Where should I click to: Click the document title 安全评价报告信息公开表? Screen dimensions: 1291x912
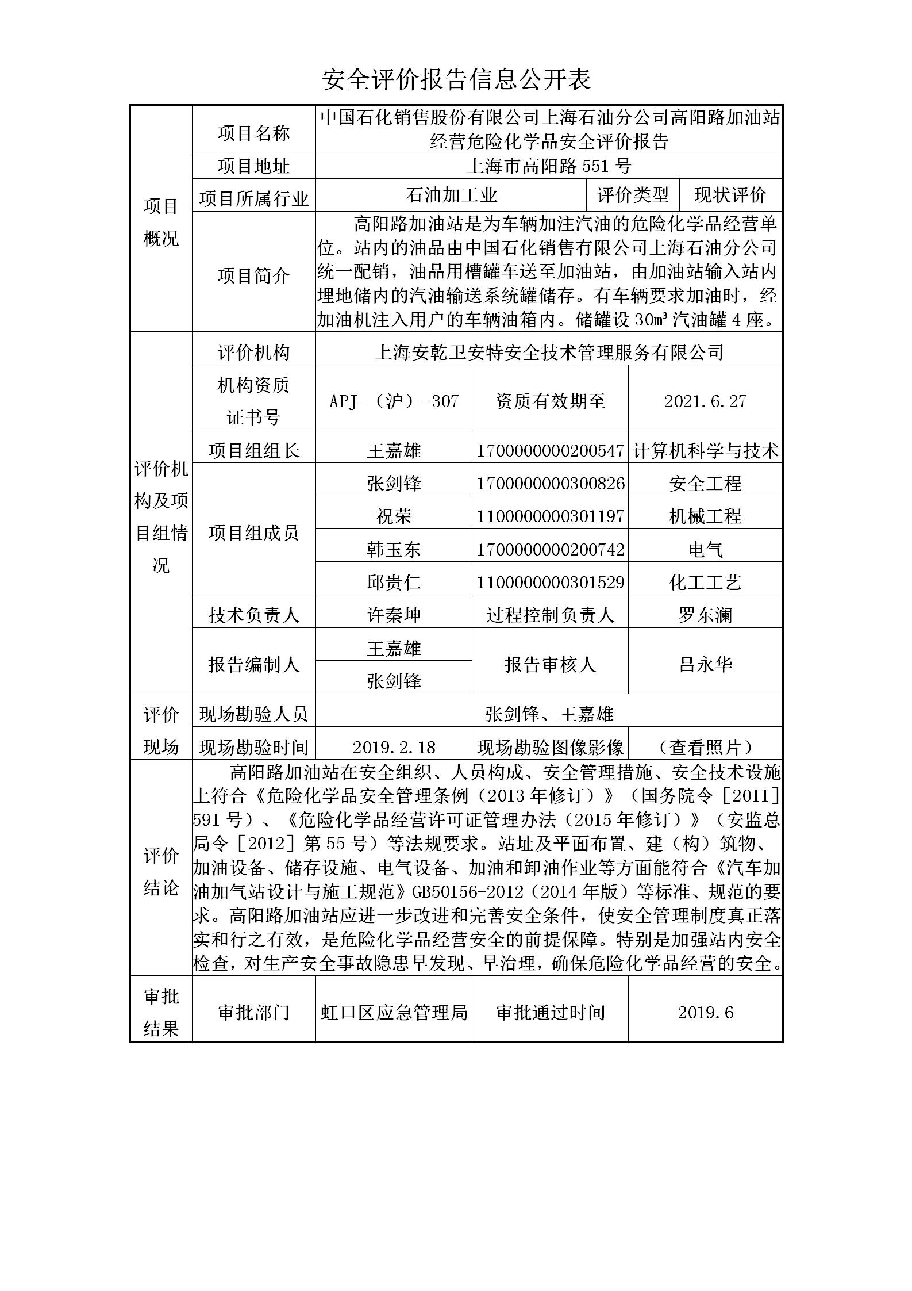[456, 79]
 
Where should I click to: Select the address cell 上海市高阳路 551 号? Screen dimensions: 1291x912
[548, 166]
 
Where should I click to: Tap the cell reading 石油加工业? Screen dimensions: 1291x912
[451, 196]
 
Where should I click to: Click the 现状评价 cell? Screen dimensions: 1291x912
[730, 196]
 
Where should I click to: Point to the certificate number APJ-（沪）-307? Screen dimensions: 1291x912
[394, 401]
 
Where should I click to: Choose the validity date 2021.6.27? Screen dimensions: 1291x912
[705, 401]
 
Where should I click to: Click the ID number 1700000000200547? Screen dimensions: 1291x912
[550, 451]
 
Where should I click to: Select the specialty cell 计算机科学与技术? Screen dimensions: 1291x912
[705, 451]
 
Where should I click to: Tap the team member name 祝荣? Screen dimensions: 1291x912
[394, 516]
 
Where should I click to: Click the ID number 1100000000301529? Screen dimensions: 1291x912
[550, 583]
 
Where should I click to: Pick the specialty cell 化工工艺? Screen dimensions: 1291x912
[705, 583]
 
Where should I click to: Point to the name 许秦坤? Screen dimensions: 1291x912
[394, 615]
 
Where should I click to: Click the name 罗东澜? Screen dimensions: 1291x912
[705, 615]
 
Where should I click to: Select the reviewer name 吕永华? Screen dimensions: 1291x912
[705, 665]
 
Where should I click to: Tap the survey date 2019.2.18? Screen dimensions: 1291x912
[394, 747]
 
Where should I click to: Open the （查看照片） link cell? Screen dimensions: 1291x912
[705, 747]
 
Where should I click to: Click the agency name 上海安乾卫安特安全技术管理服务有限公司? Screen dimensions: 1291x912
[548, 352]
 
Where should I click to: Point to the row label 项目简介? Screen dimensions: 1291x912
[253, 276]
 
